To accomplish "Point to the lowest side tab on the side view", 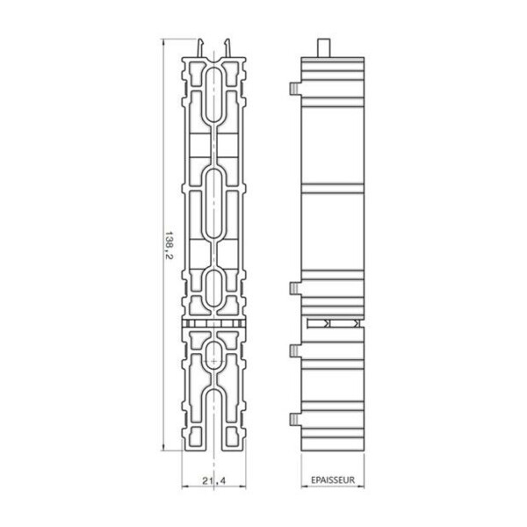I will [295, 417].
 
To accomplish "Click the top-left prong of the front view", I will [203, 48].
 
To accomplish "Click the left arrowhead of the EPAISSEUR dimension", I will [303, 488].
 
